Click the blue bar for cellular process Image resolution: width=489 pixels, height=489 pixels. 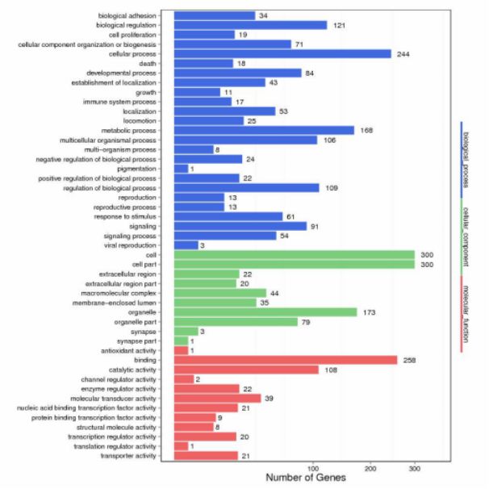[282, 54]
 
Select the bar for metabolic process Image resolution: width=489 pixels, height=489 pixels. [264, 131]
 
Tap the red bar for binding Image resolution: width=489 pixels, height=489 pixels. [286, 360]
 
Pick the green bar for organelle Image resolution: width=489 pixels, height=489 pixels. [265, 312]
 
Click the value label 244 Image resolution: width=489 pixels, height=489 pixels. [403, 54]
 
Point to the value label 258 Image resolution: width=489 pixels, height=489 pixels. [411, 360]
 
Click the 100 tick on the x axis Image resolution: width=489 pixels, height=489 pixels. [312, 468]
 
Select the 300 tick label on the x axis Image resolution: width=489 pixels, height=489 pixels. [415, 468]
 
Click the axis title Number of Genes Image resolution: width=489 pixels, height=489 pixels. [306, 478]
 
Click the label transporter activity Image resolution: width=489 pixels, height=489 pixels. [129, 456]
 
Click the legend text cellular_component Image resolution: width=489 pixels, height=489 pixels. [468, 235]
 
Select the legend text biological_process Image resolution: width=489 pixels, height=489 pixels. [468, 158]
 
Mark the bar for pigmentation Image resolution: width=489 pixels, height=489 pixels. [181, 169]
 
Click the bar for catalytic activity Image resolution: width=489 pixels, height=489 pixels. [246, 370]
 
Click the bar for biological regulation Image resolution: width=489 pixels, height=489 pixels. [250, 25]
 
